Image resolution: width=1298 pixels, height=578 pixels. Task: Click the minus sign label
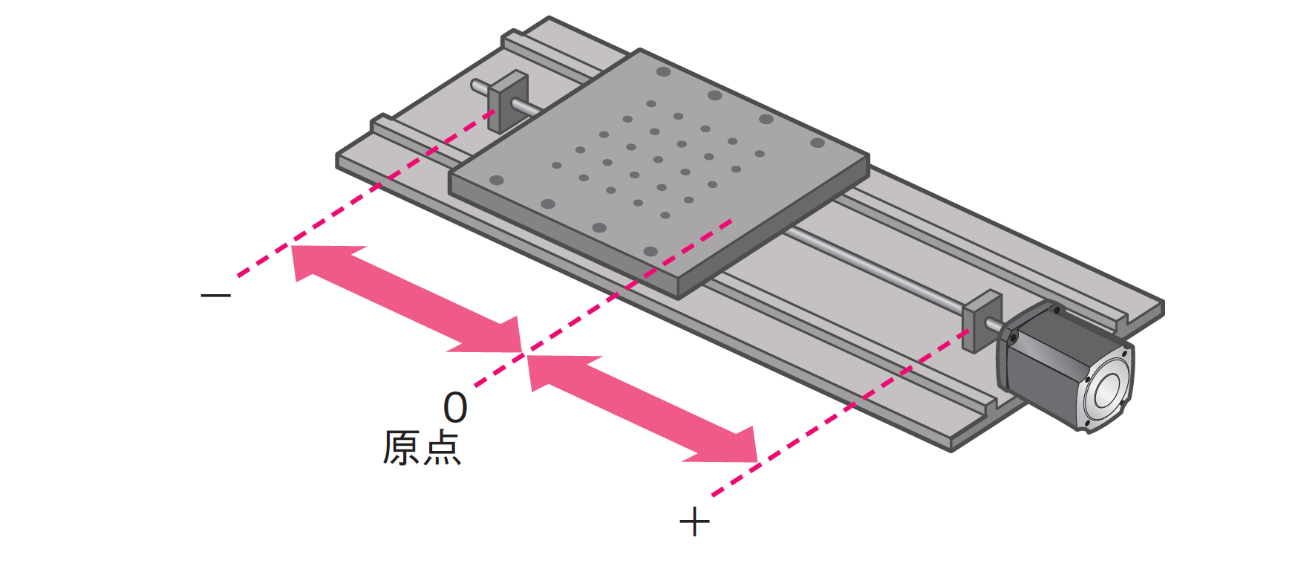pos(215,295)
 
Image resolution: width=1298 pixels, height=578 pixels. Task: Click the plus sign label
pos(694,522)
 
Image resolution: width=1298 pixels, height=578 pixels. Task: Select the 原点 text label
pos(421,447)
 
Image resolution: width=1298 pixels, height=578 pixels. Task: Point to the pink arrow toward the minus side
pos(405,297)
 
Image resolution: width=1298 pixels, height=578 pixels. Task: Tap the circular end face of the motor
pos(1106,389)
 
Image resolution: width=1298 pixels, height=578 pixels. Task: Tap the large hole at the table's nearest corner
pos(650,250)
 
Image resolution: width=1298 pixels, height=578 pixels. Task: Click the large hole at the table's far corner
pos(664,72)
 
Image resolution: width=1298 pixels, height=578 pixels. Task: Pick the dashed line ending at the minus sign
pos(334,215)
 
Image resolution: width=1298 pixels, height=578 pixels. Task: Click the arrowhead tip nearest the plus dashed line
pos(756,461)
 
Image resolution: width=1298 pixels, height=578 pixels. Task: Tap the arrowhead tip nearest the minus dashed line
pos(293,247)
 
